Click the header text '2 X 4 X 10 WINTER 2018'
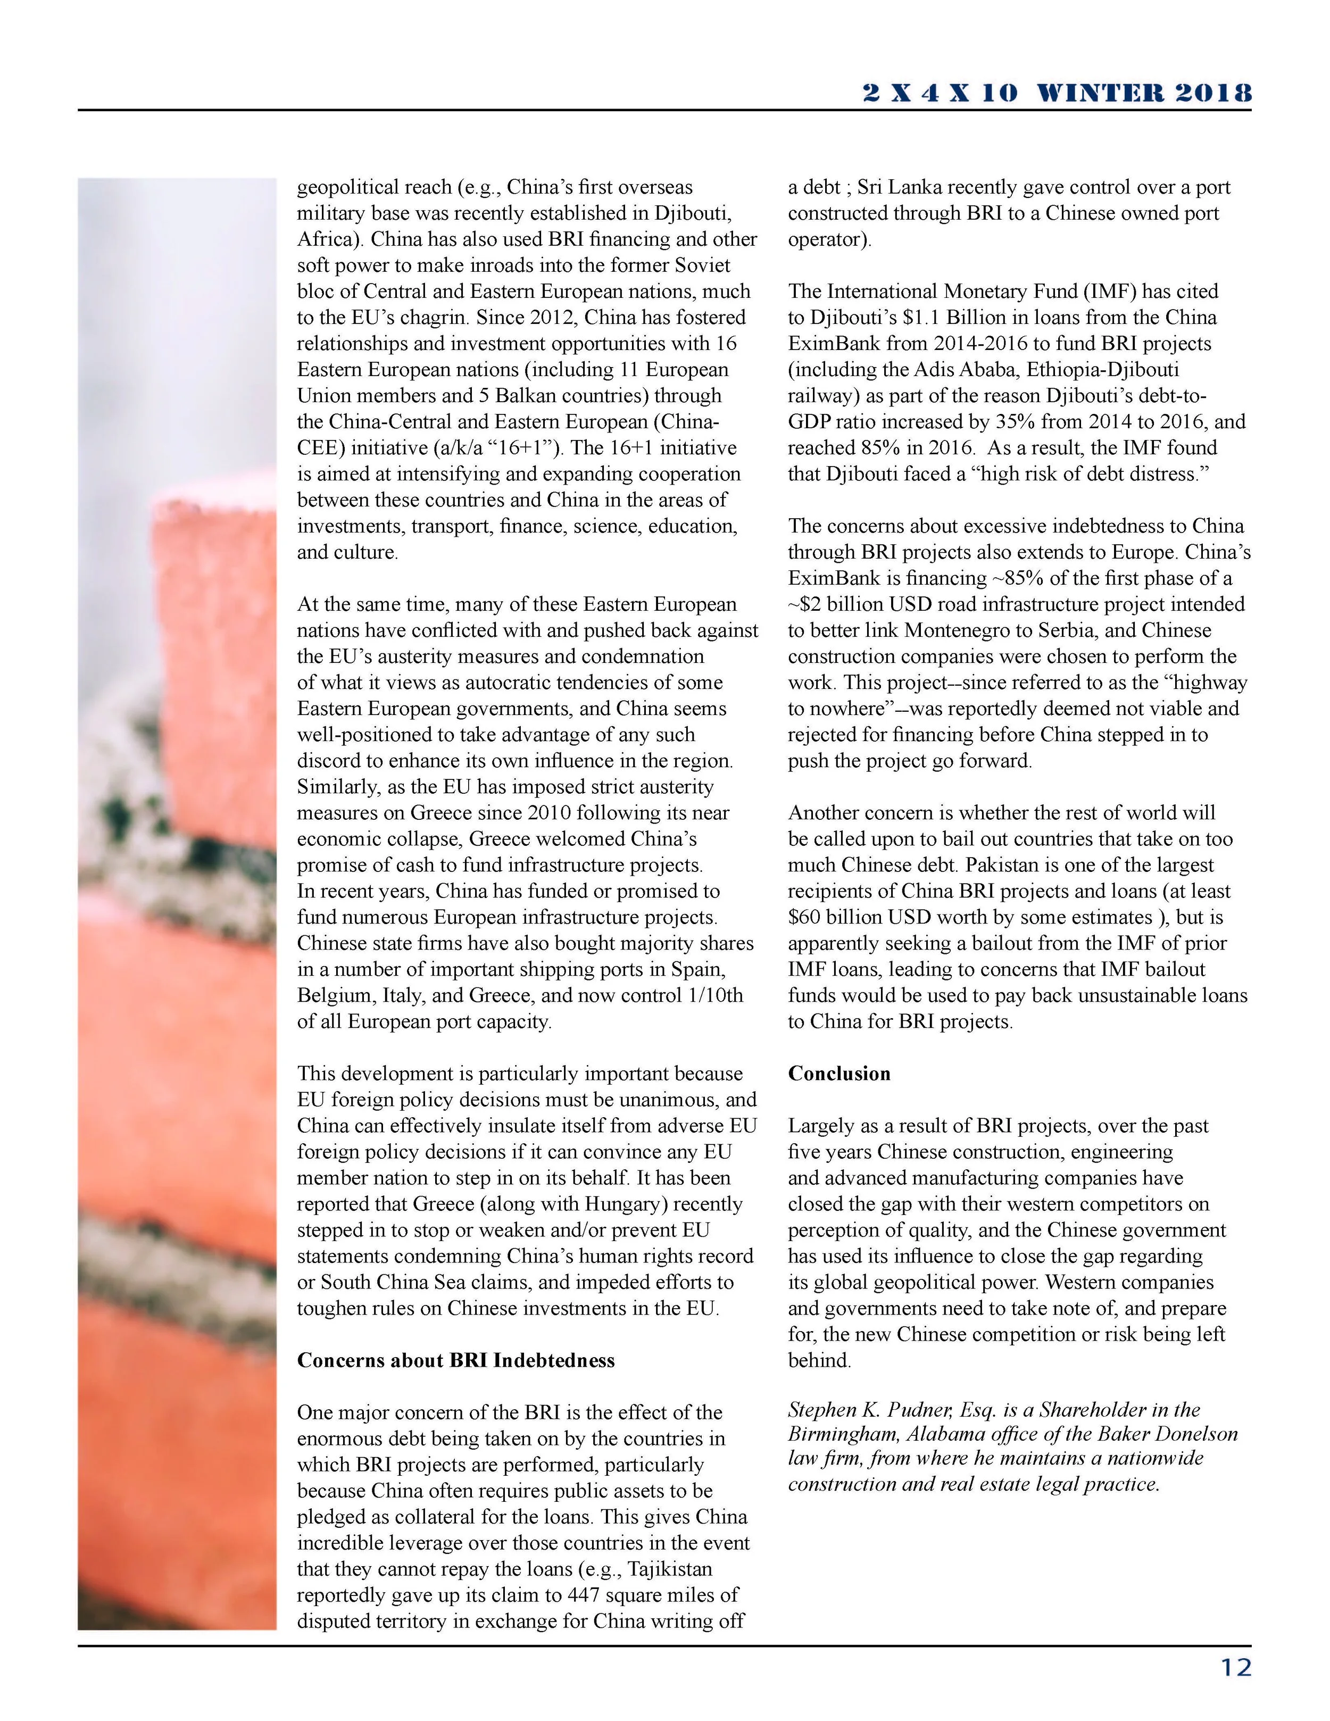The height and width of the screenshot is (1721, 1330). [x=1057, y=93]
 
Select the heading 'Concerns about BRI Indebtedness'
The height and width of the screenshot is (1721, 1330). [x=455, y=1361]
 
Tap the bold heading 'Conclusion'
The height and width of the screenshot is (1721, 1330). [x=839, y=1073]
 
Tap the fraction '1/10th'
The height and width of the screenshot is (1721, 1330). [x=713, y=995]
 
